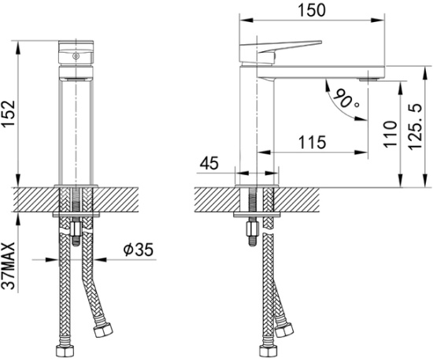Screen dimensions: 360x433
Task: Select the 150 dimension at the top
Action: pyautogui.click(x=316, y=10)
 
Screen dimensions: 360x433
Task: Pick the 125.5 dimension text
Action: pyautogui.click(x=414, y=125)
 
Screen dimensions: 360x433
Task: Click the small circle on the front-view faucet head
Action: pyautogui.click(x=76, y=56)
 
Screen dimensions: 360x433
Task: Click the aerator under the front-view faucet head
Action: pyautogui.click(x=76, y=79)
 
